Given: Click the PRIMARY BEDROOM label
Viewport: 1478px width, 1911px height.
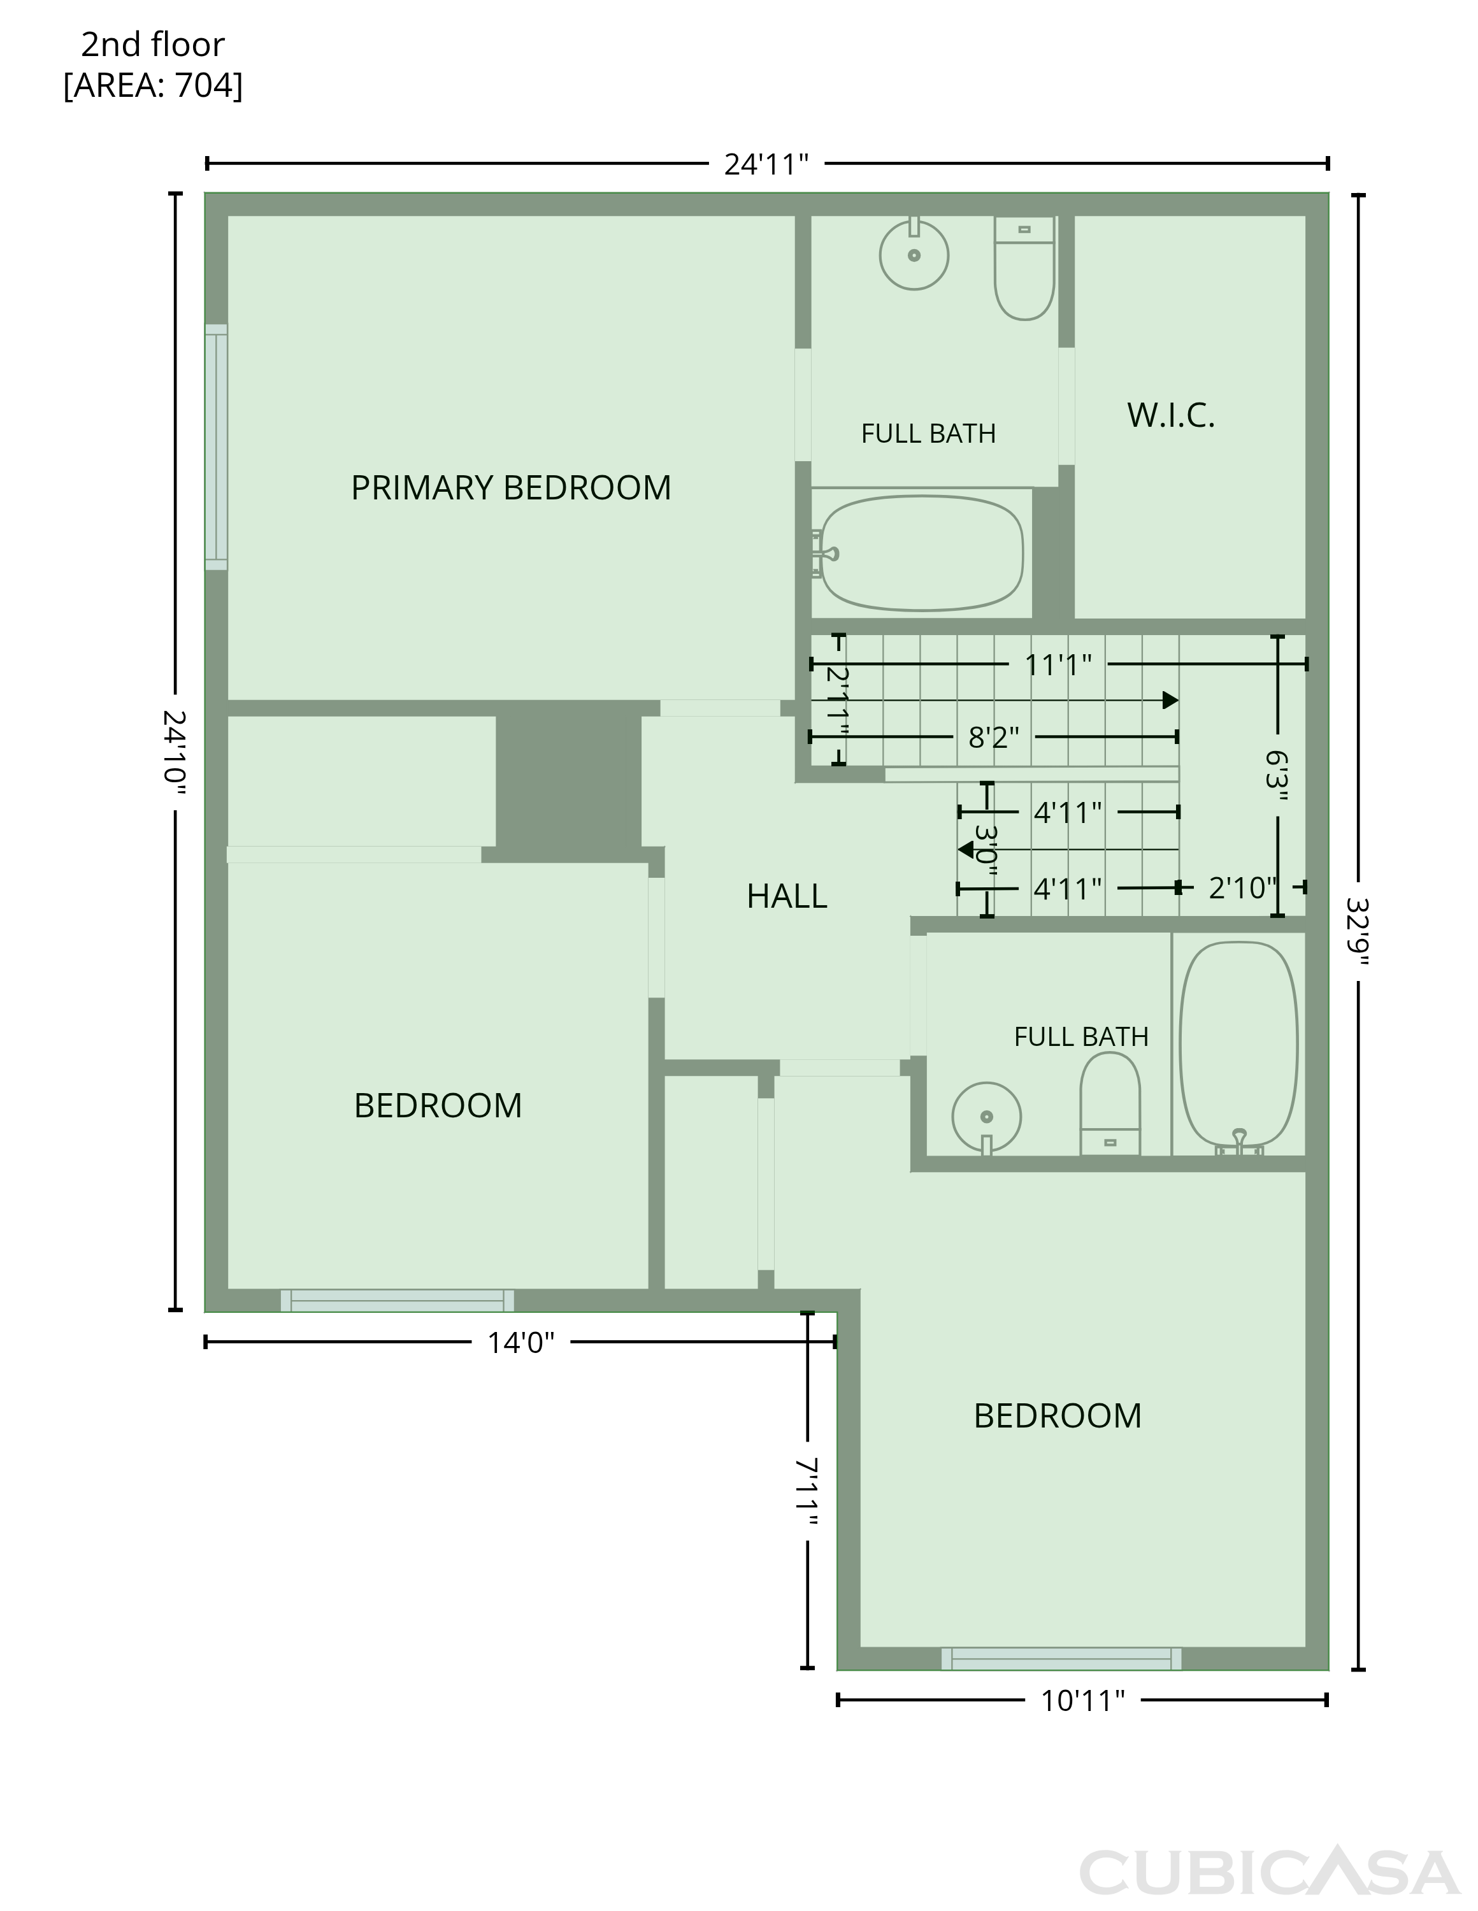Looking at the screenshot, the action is click(511, 488).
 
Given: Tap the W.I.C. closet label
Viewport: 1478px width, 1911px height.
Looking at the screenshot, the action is click(1171, 415).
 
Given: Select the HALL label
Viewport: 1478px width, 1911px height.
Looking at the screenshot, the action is click(787, 896).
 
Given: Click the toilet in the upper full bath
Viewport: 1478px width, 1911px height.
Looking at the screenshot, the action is click(1024, 268).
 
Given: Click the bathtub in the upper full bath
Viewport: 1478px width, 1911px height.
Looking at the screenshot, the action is click(921, 553).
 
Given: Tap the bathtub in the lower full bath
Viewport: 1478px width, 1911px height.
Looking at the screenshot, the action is click(1238, 1047).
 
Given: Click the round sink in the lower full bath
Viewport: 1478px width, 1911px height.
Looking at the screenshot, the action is click(986, 1118).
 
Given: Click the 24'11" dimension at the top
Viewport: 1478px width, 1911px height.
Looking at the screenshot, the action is click(766, 164).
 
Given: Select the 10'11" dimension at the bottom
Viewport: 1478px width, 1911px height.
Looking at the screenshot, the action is click(1082, 1700).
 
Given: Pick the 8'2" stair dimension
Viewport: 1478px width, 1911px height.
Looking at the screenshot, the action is click(993, 738).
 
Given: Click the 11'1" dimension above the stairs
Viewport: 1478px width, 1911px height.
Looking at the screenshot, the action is click(1058, 665).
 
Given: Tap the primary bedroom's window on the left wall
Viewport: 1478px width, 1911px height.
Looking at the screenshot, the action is click(216, 447).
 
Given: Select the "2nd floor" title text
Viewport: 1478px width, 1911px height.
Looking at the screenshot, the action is click(153, 45).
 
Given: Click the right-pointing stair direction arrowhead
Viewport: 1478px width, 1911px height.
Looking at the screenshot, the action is click(1170, 700).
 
